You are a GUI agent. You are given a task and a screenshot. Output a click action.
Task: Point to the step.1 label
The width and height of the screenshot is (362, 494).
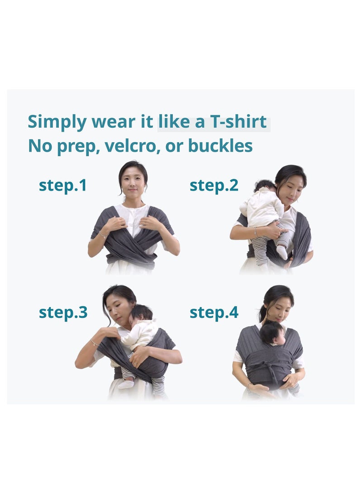(x=62, y=185)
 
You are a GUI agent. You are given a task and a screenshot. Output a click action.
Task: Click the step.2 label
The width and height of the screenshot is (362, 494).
(x=214, y=185)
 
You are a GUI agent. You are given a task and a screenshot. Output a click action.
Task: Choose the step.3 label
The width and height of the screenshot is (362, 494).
(x=63, y=312)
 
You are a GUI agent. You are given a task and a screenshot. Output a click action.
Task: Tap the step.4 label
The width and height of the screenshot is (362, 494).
(x=214, y=312)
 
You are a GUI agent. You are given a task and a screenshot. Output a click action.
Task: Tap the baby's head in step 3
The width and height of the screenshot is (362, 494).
(x=142, y=314)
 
